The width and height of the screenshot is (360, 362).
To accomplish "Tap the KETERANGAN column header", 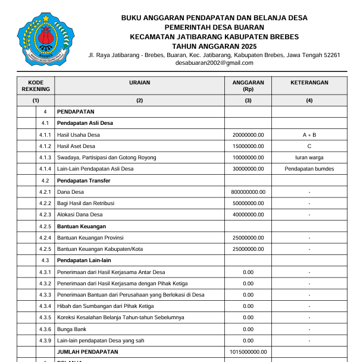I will (x=309, y=83).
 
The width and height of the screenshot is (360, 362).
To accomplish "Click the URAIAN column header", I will (x=139, y=83).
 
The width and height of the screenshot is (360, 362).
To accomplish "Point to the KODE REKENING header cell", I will (x=36, y=86).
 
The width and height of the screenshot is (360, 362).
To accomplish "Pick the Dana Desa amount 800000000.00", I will (x=248, y=192).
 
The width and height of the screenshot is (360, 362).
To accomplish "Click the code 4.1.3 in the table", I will (x=45, y=158).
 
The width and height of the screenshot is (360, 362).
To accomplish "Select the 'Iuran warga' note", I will (x=309, y=158).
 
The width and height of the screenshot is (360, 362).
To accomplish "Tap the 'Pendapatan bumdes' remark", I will (x=309, y=169).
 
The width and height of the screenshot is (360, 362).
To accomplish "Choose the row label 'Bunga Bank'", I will (x=72, y=329).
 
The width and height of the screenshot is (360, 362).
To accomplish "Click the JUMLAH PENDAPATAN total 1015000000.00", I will (x=248, y=352).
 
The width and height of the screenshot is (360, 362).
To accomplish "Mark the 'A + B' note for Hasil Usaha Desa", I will (x=309, y=135).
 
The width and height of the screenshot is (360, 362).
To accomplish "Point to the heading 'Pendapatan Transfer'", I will (x=84, y=180).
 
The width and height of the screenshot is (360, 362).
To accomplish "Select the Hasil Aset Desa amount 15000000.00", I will (x=248, y=146).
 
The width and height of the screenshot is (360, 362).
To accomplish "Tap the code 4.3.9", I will (x=45, y=341).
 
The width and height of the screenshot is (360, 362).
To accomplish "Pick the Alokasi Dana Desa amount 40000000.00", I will (x=248, y=215).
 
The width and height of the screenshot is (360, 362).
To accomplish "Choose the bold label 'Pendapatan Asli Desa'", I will (x=85, y=123).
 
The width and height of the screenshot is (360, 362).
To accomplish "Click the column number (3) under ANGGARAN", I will (x=248, y=100).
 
